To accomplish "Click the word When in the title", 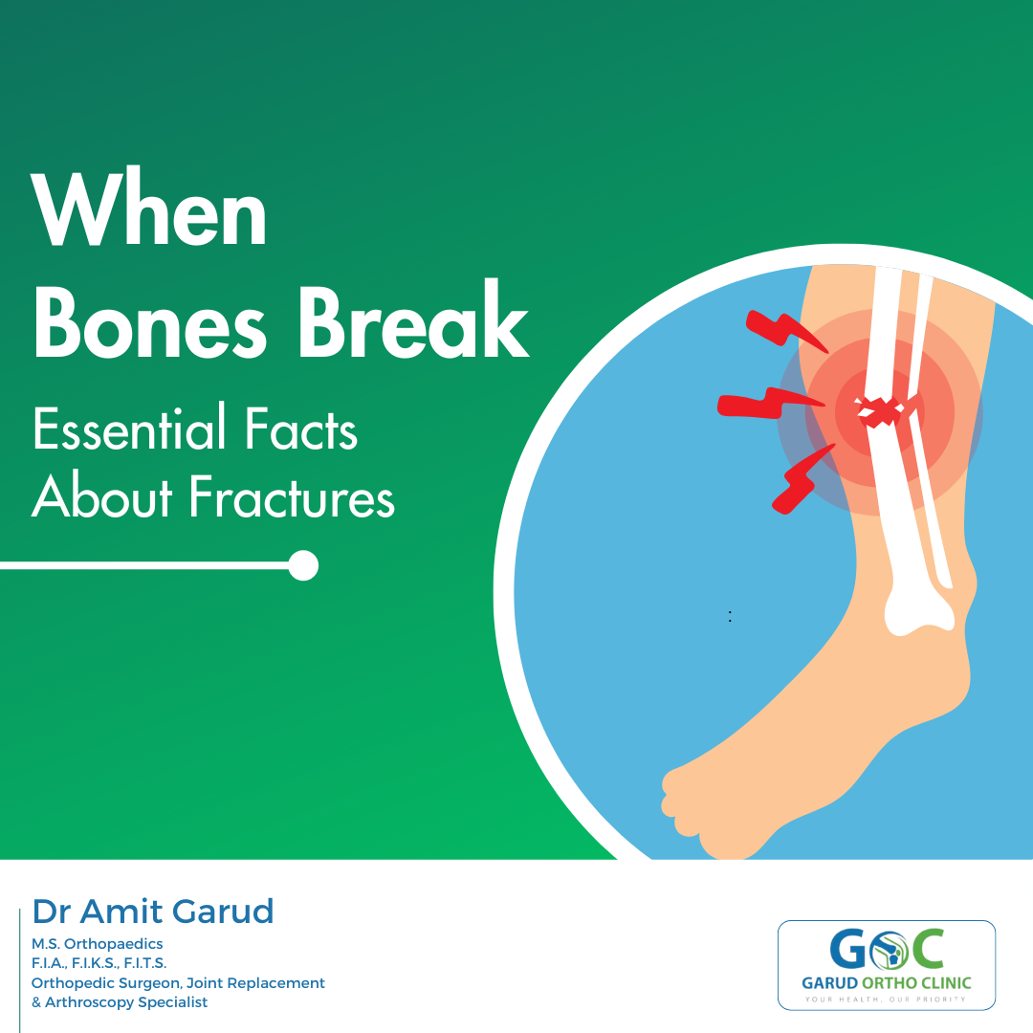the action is coord(149,207).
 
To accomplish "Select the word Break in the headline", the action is coord(414,319).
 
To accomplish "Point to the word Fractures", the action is coord(293,496).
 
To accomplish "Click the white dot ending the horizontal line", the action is coord(304,565).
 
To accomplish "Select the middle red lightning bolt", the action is coord(767,404).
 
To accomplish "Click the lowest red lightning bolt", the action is coord(802,479).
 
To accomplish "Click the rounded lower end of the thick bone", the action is coord(918,614).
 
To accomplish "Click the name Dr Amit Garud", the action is coord(153,912).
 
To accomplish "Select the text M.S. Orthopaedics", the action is coord(97,943).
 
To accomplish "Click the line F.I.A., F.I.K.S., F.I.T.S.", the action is coord(99,963).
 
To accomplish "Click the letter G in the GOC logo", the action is coord(848,949).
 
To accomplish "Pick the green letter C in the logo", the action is coord(928,949).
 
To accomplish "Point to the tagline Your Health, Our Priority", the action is coord(886,1000).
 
